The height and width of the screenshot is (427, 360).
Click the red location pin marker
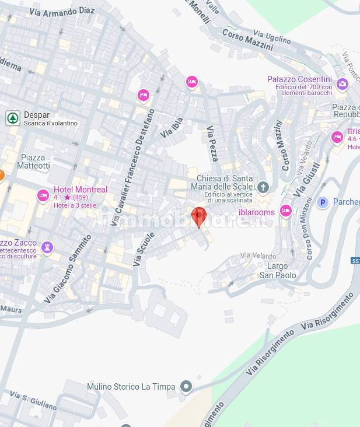tap(199, 216)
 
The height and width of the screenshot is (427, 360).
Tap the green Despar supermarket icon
tap(13, 118)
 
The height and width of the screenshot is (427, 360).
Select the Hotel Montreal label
tap(81, 190)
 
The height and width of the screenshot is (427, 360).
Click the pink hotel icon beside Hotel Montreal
tap(43, 196)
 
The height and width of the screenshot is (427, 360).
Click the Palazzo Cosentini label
tap(299, 79)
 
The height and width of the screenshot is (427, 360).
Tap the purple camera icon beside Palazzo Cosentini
tap(342, 84)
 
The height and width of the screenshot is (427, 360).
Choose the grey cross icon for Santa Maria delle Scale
tap(264, 187)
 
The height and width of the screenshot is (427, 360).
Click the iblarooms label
tap(256, 212)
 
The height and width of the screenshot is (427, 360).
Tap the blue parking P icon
tap(322, 202)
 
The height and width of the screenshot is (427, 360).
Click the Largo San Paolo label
tap(278, 271)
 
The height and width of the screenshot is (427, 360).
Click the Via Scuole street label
tap(144, 249)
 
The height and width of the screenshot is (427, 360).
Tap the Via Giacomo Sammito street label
tap(68, 268)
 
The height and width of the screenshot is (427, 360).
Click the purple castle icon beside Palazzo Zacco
tap(48, 247)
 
